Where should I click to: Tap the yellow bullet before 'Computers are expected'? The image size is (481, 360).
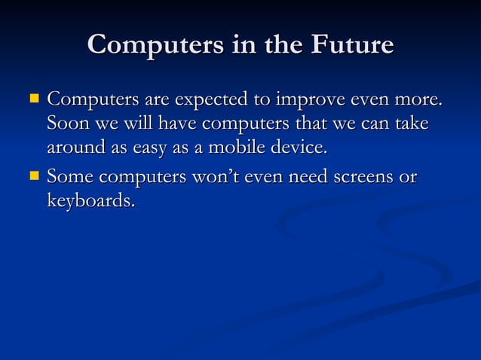32,98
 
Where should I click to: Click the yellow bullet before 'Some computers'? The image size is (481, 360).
32,177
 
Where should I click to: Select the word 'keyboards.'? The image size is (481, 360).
91,203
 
